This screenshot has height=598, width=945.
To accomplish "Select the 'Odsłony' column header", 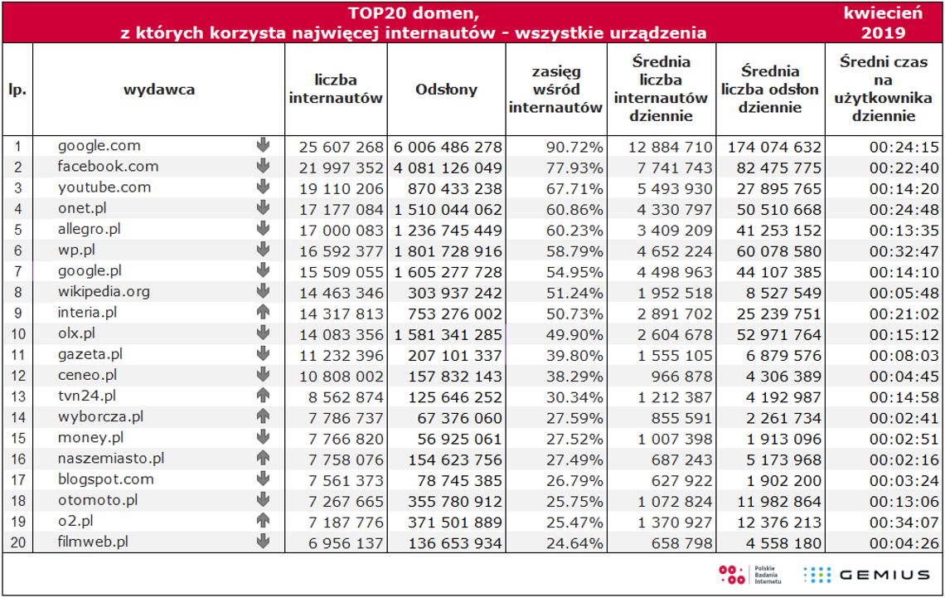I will [x=446, y=90].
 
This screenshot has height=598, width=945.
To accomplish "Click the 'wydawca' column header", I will [x=159, y=90].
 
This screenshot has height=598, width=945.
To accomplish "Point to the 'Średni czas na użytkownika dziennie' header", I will [x=883, y=89].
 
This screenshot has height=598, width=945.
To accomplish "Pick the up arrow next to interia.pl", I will [x=264, y=313].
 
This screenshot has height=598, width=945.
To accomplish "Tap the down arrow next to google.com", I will [x=264, y=146].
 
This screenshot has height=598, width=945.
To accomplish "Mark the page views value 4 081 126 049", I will [x=448, y=168].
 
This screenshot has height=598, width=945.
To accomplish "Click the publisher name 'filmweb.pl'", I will [x=93, y=542].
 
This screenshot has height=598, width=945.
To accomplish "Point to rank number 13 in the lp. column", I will [x=17, y=397].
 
